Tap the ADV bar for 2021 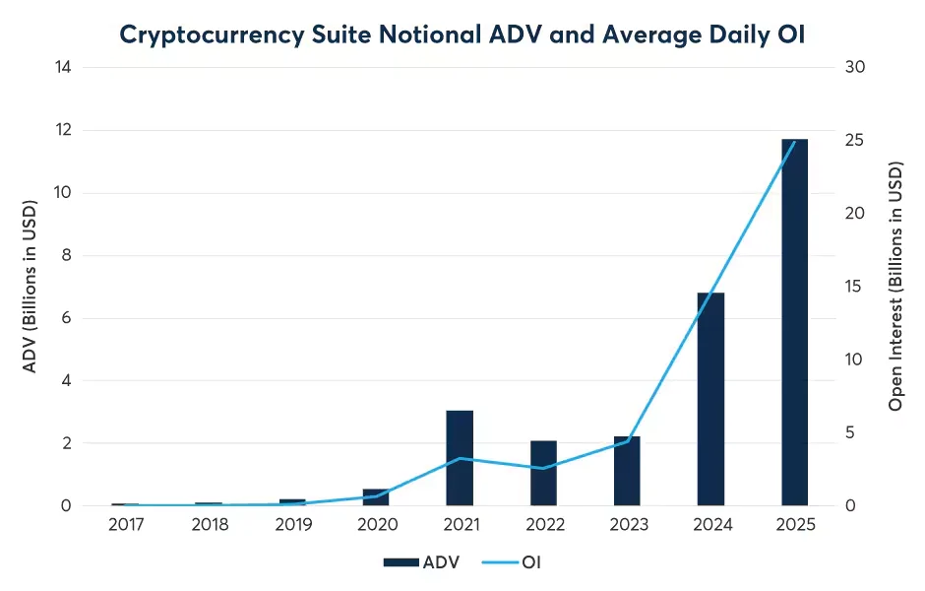[460, 458]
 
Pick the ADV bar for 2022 [543, 473]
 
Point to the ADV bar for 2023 [627, 471]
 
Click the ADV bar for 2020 [376, 497]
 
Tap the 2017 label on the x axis [125, 525]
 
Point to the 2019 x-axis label [292, 525]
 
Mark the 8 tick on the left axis [66, 256]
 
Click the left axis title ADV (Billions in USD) [30, 288]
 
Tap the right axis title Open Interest [895, 288]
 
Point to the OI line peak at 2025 [795, 141]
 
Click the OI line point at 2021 [460, 458]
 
